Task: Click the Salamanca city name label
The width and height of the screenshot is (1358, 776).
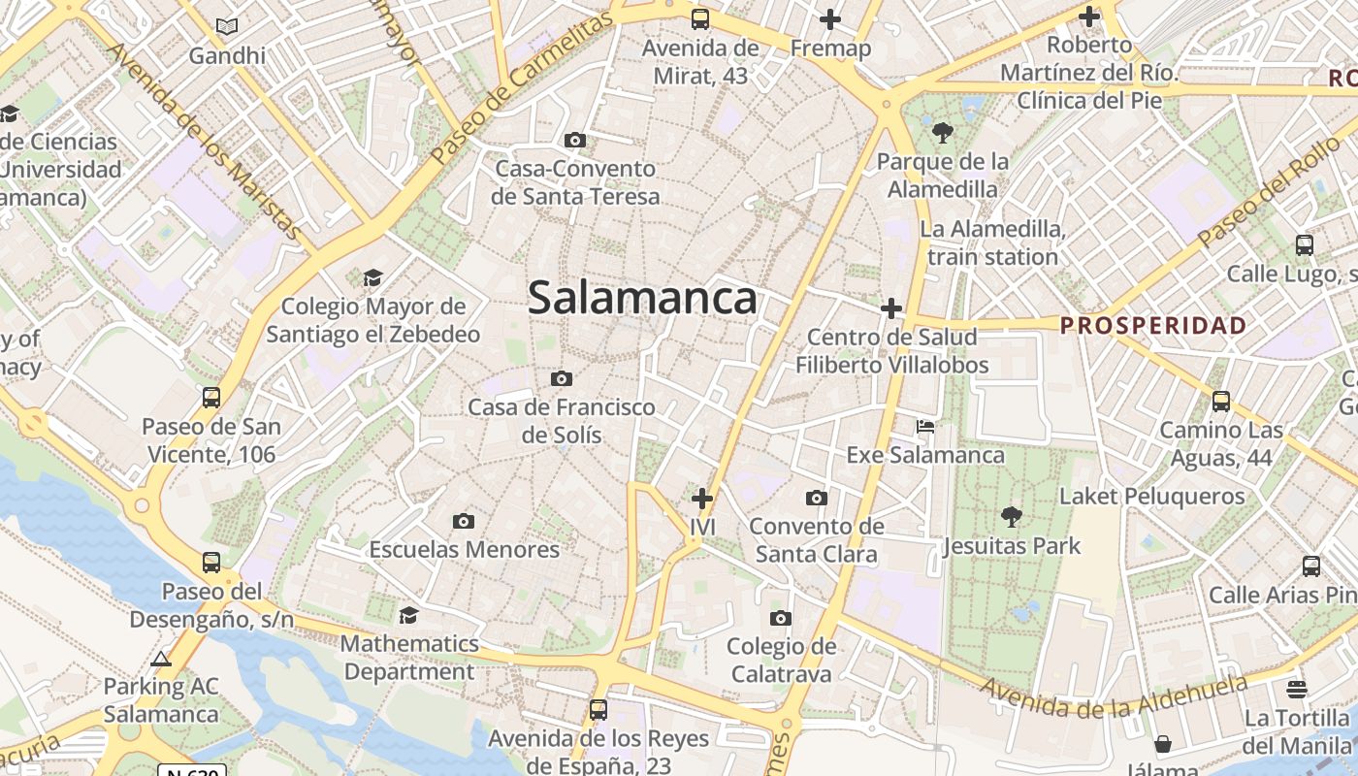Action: [x=642, y=298]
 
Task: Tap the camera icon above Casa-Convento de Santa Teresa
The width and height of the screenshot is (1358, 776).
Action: [x=575, y=141]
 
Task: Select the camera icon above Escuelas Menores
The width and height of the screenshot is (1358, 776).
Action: [x=464, y=522]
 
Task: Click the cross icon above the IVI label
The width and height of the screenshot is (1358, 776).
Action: [x=702, y=499]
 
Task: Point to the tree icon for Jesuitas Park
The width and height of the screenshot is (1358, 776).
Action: [x=1012, y=517]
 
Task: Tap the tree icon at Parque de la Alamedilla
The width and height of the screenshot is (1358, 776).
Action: [x=942, y=133]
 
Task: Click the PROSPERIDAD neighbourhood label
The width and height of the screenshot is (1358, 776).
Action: [x=1152, y=325]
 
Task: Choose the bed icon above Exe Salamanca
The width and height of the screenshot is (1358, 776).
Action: [x=925, y=427]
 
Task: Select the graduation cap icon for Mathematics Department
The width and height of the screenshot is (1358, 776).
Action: [x=409, y=615]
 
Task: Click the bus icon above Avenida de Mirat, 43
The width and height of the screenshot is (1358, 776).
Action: [x=700, y=19]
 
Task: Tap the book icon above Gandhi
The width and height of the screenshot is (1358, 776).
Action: [x=227, y=27]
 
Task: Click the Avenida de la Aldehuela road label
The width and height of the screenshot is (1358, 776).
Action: [x=1114, y=698]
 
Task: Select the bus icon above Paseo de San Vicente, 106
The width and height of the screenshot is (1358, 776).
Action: [x=211, y=398]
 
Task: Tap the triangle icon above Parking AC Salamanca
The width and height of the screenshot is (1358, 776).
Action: [x=162, y=659]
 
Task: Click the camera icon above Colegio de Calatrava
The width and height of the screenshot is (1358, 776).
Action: [x=781, y=619]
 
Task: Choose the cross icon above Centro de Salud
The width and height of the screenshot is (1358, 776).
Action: [x=891, y=308]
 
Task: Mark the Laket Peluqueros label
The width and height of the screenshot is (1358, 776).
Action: [x=1151, y=497]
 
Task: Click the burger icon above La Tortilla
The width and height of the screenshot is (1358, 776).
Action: [x=1297, y=690]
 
